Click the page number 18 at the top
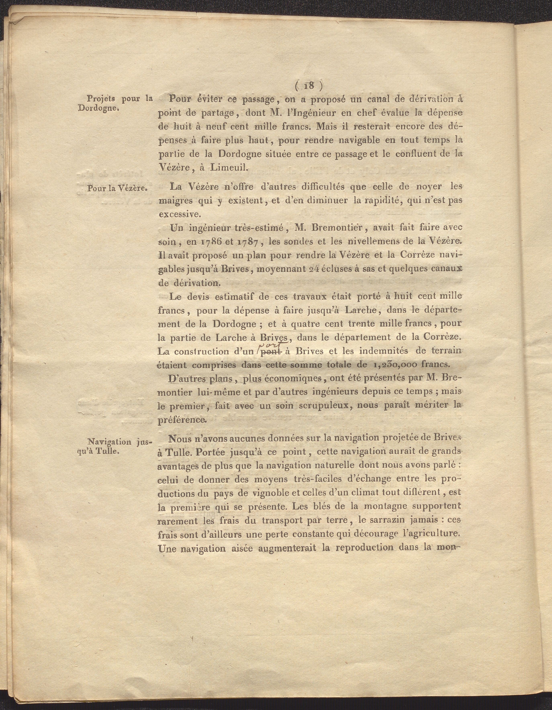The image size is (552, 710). (x=309, y=86)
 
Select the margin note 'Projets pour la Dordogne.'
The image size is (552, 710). (x=115, y=103)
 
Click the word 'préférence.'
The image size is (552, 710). (x=181, y=420)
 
